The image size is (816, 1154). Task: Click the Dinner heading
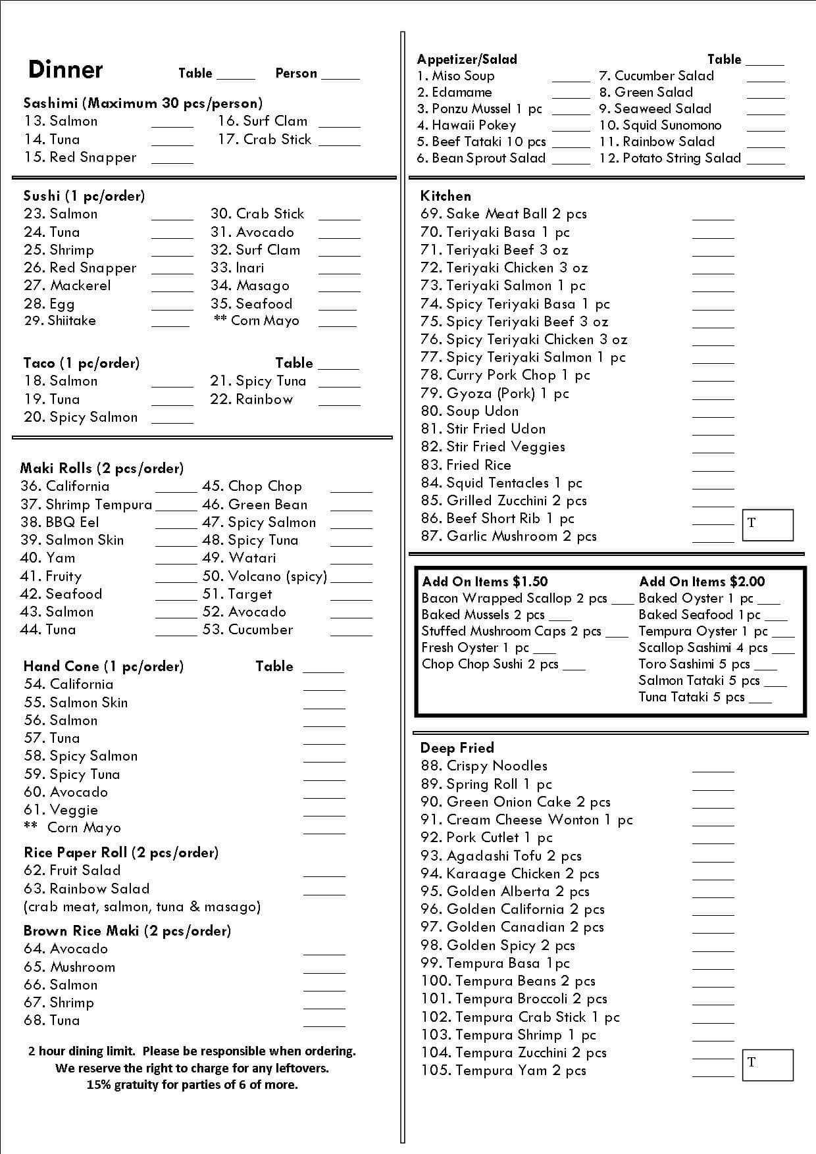[x=65, y=70]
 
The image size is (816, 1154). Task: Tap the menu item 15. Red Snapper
[x=80, y=157]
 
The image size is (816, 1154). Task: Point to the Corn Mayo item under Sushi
[x=257, y=320]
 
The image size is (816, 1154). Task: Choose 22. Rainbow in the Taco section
[x=251, y=399]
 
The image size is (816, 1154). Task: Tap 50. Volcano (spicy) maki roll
[x=265, y=576]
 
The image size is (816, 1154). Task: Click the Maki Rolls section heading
[x=102, y=468]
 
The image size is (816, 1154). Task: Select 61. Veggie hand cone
[x=61, y=810]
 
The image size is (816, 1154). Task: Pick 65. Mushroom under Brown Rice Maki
[x=69, y=967]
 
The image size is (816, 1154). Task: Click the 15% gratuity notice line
[x=192, y=1085]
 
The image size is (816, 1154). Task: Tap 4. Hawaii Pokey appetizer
[x=467, y=125]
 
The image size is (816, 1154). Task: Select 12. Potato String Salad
[x=670, y=158]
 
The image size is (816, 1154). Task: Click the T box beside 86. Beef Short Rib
[x=767, y=524]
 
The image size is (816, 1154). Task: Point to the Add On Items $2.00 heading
[x=701, y=582]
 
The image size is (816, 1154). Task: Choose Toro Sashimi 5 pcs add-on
[x=694, y=664]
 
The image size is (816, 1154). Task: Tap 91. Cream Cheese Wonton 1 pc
[x=526, y=820]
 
